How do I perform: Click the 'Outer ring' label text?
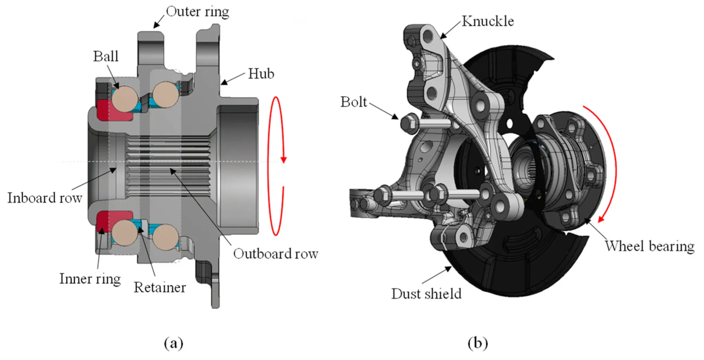(x=197, y=12)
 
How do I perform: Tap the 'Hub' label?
(x=261, y=74)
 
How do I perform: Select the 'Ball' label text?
(x=106, y=56)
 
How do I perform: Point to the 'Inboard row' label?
(x=45, y=198)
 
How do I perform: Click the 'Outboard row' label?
(x=275, y=254)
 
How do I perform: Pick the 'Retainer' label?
(x=160, y=287)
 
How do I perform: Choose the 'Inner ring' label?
(x=90, y=279)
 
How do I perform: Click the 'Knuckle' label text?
(x=487, y=21)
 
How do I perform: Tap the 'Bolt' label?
(x=354, y=102)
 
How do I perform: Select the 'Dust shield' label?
(x=426, y=294)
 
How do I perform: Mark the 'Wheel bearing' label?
(x=649, y=247)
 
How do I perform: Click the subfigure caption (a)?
(x=174, y=343)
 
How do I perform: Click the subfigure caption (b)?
(x=478, y=343)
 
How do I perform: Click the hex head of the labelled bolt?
(x=409, y=122)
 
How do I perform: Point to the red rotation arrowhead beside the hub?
(x=283, y=160)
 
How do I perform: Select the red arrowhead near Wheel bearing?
(x=601, y=219)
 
